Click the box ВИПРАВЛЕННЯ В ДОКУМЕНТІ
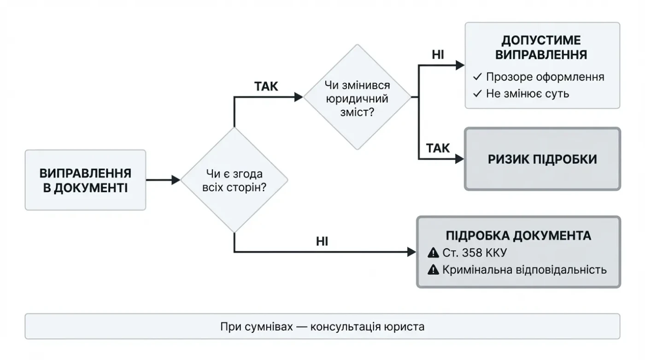(85, 180)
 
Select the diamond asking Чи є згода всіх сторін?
(234, 180)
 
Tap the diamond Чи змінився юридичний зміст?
(357, 98)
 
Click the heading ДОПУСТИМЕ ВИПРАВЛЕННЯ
(541, 47)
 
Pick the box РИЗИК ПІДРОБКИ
(542, 159)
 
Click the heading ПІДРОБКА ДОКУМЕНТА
(518, 236)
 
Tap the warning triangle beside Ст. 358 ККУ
(433, 253)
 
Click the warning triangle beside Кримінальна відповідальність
(433, 270)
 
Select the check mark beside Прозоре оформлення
(477, 77)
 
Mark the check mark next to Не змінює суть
(477, 94)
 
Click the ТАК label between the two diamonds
(266, 86)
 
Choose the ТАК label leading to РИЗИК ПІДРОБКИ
(438, 148)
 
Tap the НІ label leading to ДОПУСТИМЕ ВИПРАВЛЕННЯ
(438, 55)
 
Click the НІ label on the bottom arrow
(322, 241)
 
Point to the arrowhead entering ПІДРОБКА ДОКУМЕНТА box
(412, 252)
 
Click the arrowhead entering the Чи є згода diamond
(176, 180)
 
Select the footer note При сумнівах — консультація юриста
(322, 327)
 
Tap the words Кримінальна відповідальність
(524, 270)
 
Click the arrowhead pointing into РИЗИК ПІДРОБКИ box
(459, 159)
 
